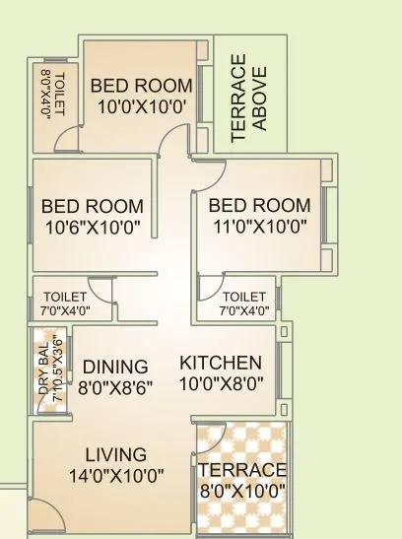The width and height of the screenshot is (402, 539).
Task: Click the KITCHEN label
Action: [221, 363]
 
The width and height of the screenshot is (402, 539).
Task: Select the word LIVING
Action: [115, 454]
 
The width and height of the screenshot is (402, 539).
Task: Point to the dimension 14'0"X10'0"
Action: [115, 474]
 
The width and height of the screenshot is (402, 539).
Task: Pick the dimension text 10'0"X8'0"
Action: [221, 382]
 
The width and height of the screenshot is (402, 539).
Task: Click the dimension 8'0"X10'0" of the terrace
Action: [241, 489]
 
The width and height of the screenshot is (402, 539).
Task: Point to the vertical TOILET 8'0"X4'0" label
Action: [51, 94]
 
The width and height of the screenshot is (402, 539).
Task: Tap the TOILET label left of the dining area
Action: [67, 297]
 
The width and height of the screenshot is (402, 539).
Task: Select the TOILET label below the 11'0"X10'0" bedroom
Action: [243, 297]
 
